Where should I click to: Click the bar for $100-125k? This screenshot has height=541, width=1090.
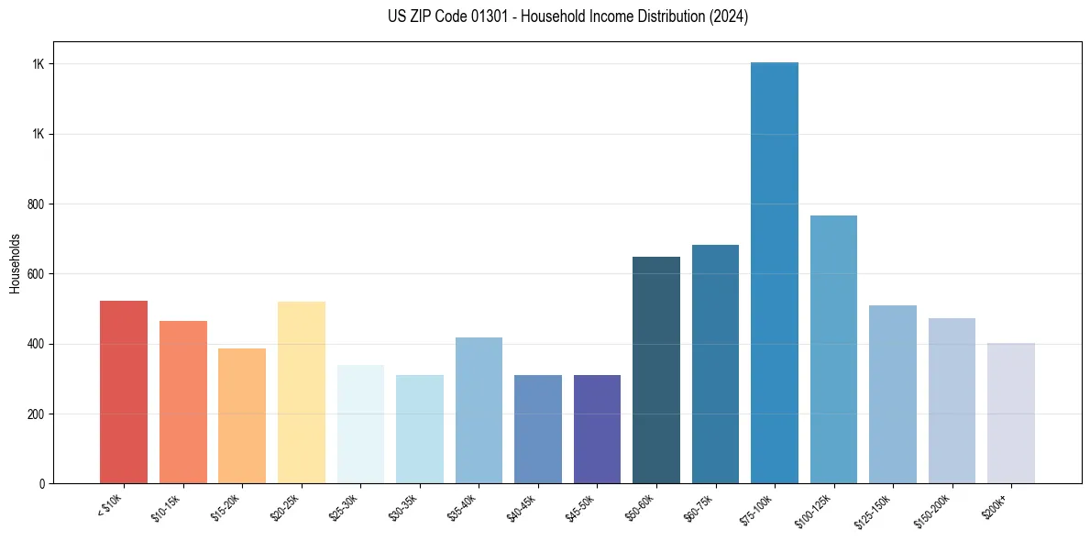pyautogui.click(x=833, y=349)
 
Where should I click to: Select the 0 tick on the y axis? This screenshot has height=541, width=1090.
pyautogui.click(x=42, y=483)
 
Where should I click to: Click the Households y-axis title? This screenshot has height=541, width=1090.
pyautogui.click(x=15, y=262)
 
